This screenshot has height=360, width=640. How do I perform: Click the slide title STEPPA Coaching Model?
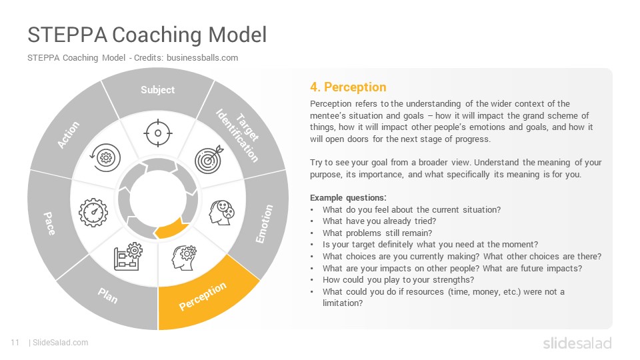(x=147, y=34)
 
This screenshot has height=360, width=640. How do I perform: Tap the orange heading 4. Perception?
(x=348, y=87)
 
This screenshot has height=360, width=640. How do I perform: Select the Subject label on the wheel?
(x=157, y=90)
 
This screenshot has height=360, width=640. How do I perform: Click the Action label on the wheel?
(x=68, y=135)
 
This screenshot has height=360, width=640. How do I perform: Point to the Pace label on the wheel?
(x=49, y=223)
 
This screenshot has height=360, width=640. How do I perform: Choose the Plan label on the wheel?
(x=108, y=295)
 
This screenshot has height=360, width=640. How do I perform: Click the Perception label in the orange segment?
(x=203, y=296)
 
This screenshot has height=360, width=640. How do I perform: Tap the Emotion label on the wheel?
(x=264, y=224)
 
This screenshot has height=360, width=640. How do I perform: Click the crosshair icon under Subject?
(x=158, y=133)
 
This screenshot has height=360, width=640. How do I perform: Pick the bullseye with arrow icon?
(x=209, y=159)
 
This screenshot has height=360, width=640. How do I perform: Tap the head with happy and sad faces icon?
(x=222, y=212)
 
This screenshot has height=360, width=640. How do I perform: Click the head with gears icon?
(x=185, y=258)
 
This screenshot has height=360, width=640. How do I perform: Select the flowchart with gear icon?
(x=128, y=256)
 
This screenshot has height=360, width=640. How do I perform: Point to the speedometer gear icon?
(x=93, y=213)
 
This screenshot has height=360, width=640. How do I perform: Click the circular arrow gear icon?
(x=105, y=157)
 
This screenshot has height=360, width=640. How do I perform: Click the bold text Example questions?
(x=348, y=197)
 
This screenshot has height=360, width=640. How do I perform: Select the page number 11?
(x=15, y=343)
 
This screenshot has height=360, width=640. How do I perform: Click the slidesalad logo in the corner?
(x=577, y=343)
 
